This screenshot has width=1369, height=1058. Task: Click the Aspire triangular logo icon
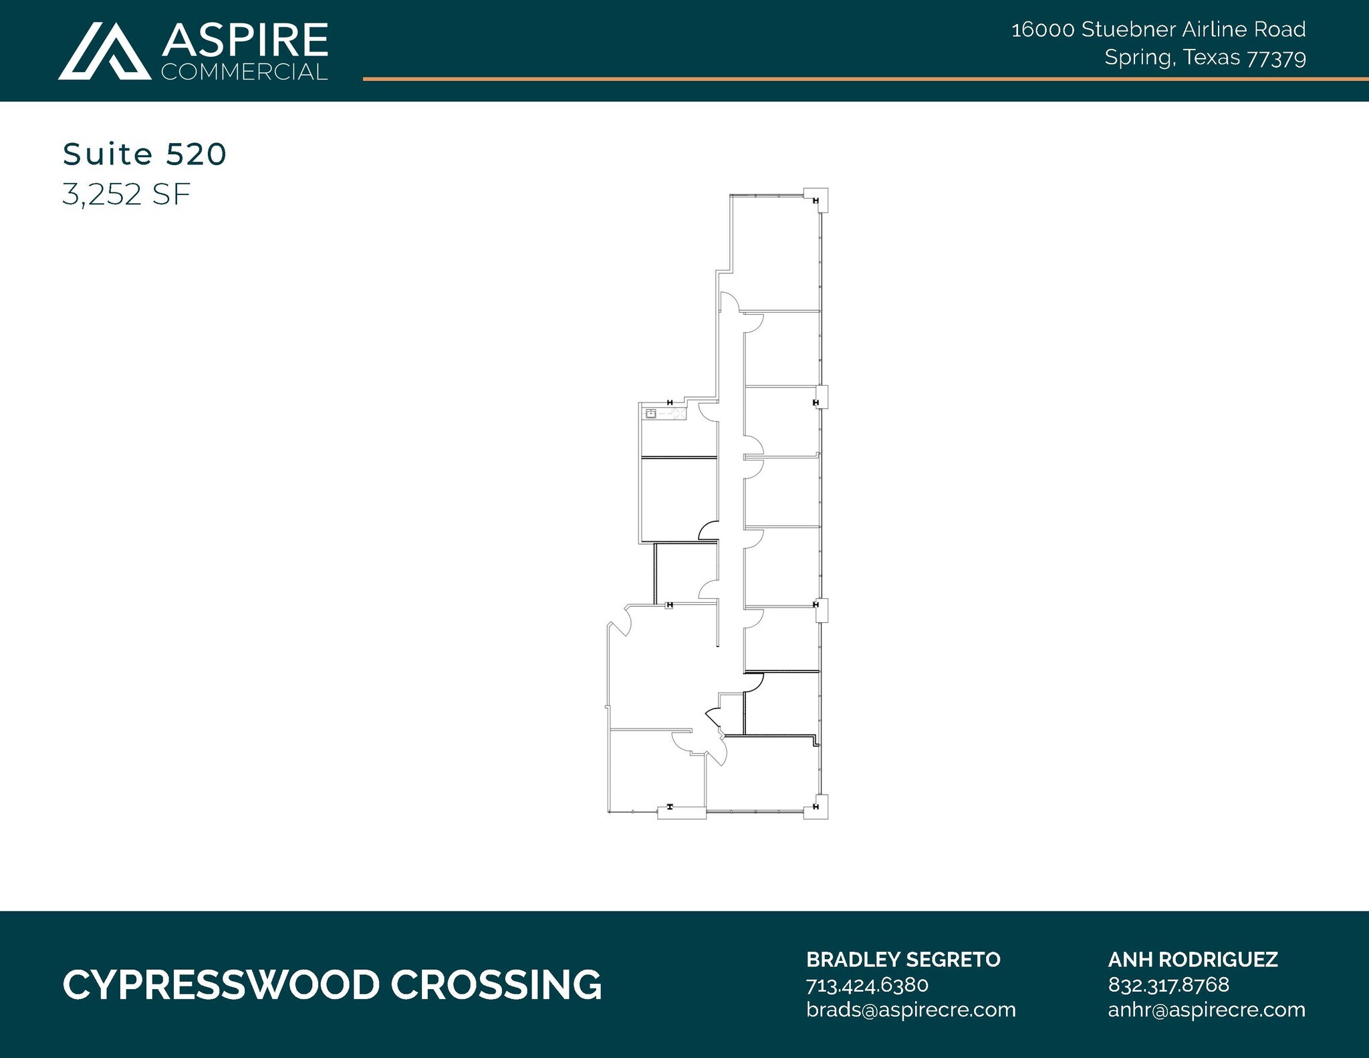coord(104,52)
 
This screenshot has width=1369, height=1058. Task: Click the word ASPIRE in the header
coord(245,40)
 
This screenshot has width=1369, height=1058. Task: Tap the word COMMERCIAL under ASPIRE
coord(245,72)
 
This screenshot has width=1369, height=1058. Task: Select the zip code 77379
coord(1276,59)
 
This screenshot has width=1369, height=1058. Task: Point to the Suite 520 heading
coord(144,154)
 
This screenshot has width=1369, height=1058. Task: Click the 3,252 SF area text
coord(126,194)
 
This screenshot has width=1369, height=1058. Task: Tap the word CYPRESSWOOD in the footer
coord(221,985)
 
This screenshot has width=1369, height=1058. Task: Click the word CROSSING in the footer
coord(496,985)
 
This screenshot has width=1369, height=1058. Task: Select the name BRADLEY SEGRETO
coord(902,960)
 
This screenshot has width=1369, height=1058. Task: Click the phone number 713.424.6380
coord(867,984)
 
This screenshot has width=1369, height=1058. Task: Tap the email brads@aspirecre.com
coord(910,1009)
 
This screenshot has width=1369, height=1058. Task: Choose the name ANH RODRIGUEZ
coord(1193,960)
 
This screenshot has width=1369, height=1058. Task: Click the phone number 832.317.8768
coord(1168,984)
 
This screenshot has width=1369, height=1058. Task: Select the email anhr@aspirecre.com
coord(1206,1009)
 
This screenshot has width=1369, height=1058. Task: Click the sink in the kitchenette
coord(650,414)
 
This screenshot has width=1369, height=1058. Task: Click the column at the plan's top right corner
coord(816,200)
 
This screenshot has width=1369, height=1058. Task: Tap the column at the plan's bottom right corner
coord(816,807)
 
